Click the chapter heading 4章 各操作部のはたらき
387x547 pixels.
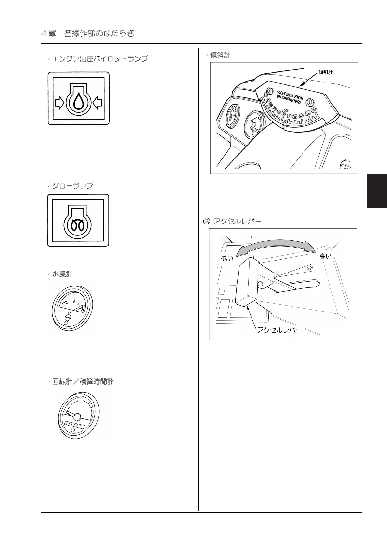88,33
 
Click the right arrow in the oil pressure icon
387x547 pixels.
97,103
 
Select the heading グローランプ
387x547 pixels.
72,186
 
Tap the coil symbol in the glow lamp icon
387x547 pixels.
78,224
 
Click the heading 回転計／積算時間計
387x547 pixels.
83,382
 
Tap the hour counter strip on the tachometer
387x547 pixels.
74,425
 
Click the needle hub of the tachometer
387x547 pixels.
77,416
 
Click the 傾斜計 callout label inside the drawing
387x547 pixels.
325,72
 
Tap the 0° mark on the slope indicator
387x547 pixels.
285,112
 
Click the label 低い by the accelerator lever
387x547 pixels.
227,259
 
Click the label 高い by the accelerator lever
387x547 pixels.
325,256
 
